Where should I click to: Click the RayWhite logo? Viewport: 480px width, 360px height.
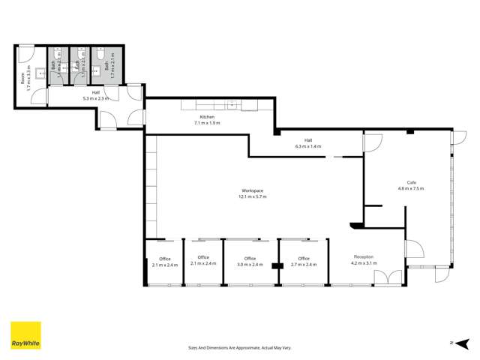(25, 335)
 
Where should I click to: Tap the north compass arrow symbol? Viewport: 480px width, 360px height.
(452, 343)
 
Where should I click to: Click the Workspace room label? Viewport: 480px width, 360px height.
(252, 190)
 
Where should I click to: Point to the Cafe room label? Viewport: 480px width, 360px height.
(411, 182)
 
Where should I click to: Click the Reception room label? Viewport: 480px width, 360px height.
(363, 257)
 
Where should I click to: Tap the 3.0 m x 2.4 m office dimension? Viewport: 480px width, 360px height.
(251, 264)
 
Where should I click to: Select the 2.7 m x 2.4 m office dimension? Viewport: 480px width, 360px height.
(304, 264)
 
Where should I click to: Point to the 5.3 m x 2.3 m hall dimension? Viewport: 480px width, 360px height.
(95, 98)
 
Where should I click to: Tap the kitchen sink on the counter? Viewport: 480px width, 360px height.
(233, 106)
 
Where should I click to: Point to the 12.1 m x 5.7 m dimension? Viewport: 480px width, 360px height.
(252, 196)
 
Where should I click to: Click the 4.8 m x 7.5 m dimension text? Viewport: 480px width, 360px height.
(411, 188)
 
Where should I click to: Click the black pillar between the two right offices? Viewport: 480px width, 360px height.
(277, 265)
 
